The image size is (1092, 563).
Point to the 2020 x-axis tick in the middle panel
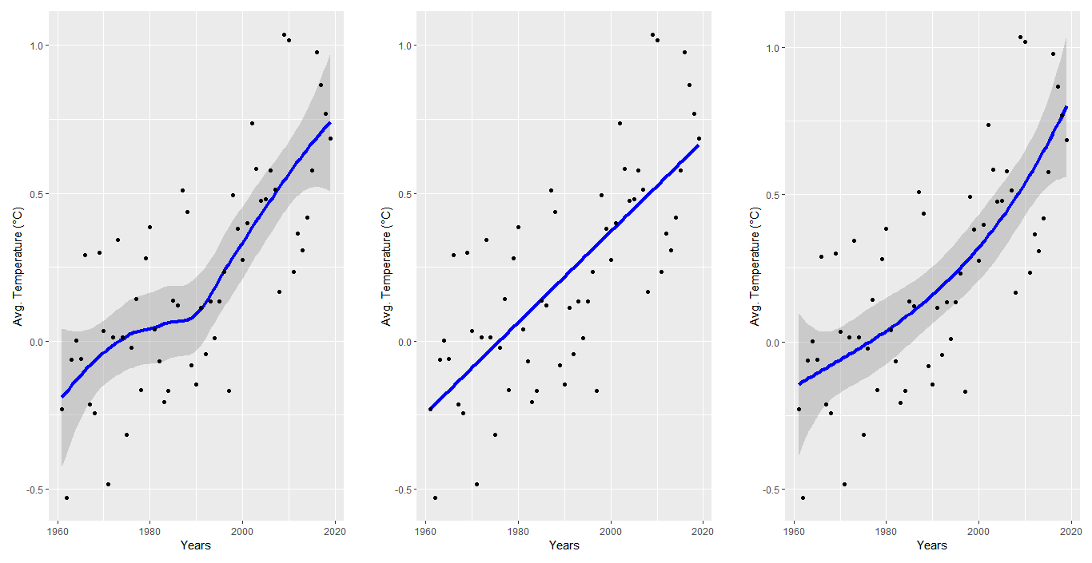coord(703,530)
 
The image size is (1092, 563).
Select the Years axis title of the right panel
coord(931,545)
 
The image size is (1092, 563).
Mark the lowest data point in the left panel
coord(66,498)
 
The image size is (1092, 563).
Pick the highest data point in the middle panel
coord(652,35)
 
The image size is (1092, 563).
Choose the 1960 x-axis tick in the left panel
coord(58,530)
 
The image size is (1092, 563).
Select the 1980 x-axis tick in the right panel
coord(886,530)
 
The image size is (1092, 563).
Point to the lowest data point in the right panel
coord(803,498)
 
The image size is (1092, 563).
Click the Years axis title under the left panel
coord(195,545)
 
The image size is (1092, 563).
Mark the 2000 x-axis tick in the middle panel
coord(611,530)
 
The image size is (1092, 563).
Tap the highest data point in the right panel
coord(1020,37)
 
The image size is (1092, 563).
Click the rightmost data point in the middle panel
coord(699,138)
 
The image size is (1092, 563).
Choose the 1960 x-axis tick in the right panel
coord(794,530)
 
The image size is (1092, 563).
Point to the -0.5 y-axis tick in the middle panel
coord(406,490)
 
